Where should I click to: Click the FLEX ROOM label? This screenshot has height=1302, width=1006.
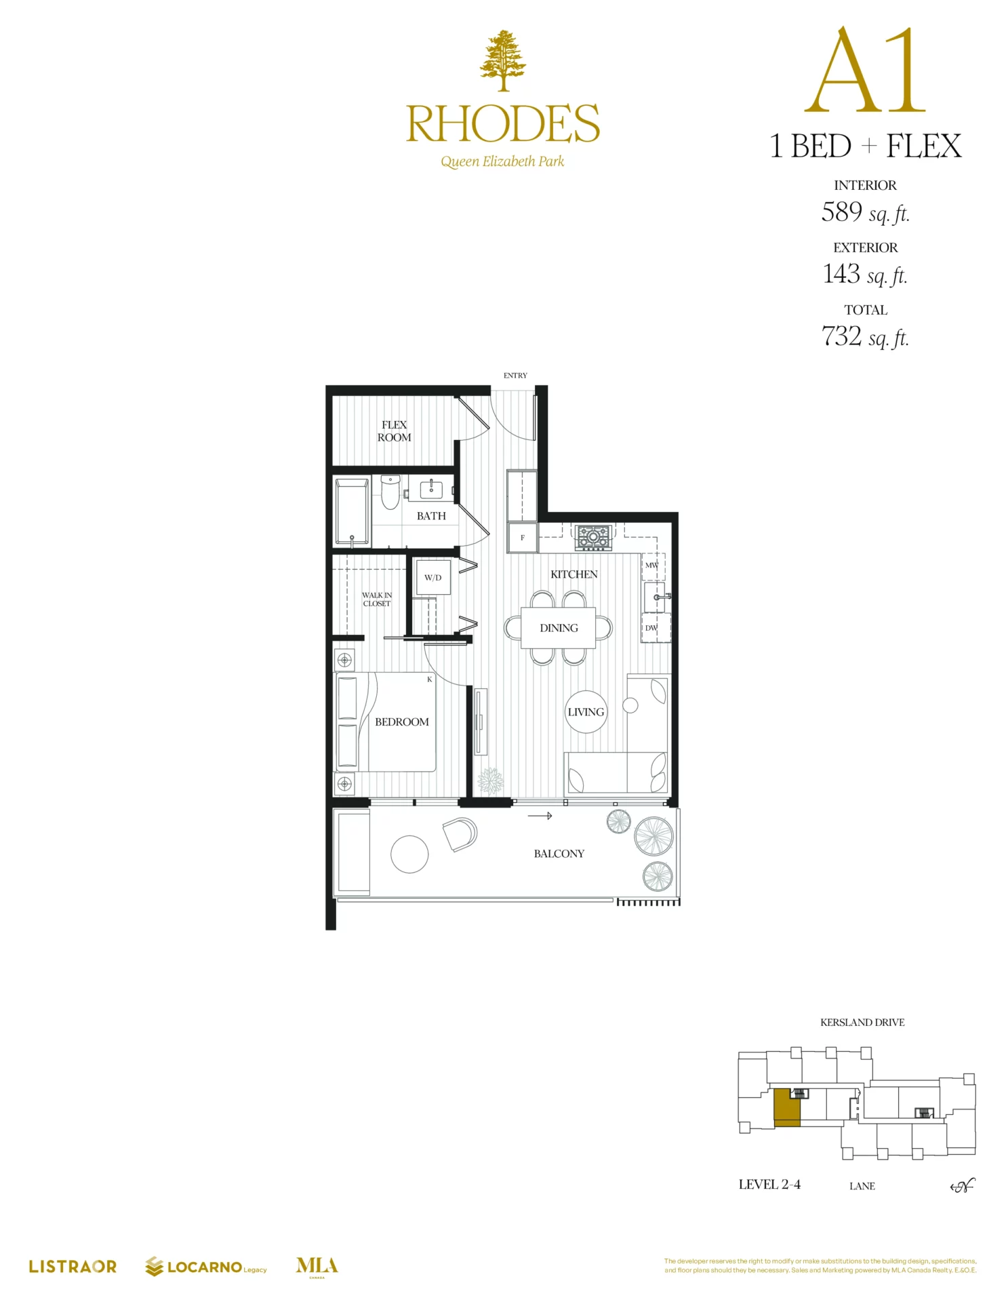tap(394, 431)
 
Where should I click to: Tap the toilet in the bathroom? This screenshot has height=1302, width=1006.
tap(390, 492)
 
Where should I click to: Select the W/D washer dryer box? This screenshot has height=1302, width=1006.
tap(432, 578)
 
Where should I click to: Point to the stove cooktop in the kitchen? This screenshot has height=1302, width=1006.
tap(593, 537)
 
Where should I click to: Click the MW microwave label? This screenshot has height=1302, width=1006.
tap(651, 565)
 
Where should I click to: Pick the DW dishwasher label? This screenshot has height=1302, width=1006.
tap(651, 628)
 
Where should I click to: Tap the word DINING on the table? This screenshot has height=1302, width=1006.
tap(559, 628)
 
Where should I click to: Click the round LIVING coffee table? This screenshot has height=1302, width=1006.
tap(586, 712)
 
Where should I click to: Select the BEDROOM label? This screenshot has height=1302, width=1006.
tap(401, 722)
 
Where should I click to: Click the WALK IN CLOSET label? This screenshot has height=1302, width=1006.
tap(376, 599)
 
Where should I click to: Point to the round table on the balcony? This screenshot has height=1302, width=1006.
tap(409, 854)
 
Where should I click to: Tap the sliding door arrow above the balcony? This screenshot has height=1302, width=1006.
tap(540, 816)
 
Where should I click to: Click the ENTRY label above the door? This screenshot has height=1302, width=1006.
tap(515, 375)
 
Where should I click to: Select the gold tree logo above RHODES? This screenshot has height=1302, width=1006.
tap(503, 61)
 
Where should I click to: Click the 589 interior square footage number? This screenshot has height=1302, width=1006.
tap(841, 212)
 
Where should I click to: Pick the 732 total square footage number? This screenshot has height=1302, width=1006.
tap(841, 336)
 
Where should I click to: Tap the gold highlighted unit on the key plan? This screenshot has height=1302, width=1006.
tap(786, 1107)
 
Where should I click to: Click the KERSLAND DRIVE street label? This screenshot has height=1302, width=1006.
tap(862, 1022)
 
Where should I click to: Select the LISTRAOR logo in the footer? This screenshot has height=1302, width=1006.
tap(73, 1266)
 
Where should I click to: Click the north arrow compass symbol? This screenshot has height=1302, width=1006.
tap(963, 1185)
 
